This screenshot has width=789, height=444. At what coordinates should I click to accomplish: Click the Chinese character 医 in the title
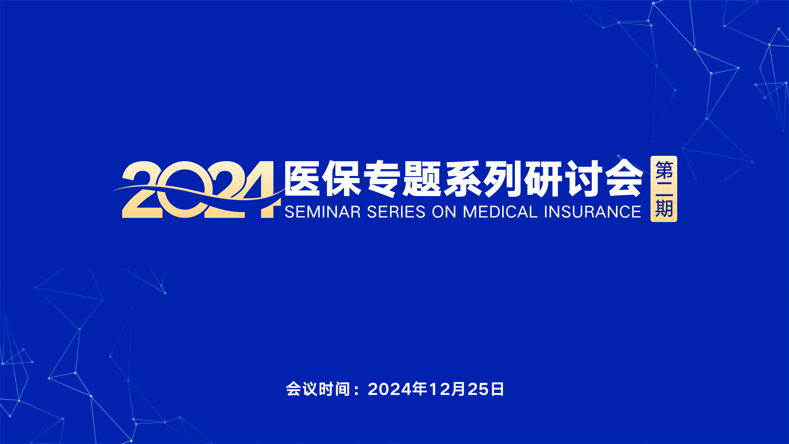(302, 179)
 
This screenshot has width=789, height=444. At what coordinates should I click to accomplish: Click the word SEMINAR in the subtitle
(323, 212)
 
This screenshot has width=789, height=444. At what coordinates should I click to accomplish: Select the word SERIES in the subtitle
(396, 212)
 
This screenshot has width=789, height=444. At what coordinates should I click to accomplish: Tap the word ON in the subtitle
(444, 212)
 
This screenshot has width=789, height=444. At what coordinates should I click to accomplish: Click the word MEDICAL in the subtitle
(500, 212)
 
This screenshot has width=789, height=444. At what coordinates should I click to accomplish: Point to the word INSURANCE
(593, 212)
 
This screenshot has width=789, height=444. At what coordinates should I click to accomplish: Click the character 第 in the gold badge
(664, 170)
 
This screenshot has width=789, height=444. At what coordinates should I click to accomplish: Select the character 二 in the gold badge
(664, 189)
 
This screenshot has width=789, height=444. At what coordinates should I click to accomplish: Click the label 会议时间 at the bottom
(318, 389)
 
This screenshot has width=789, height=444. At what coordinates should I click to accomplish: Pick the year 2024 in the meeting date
(390, 389)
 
